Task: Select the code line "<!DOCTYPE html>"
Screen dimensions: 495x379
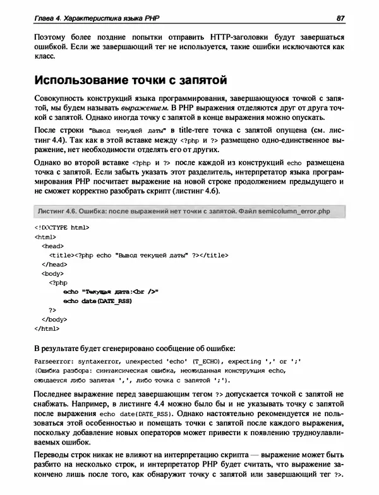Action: [x=61, y=227]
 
